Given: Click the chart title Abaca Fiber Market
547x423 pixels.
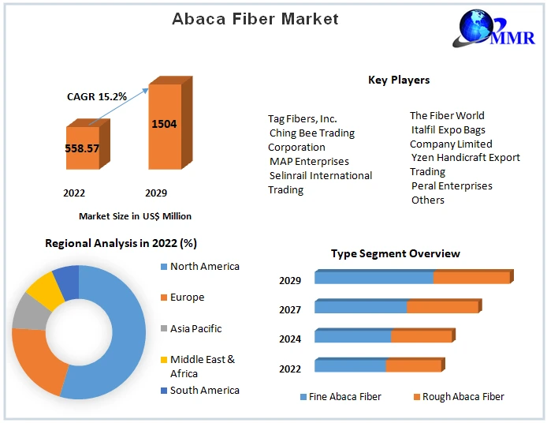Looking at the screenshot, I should [255, 18].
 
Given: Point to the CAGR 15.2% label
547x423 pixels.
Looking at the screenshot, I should [96, 96].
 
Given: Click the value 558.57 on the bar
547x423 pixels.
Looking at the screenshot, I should [82, 148].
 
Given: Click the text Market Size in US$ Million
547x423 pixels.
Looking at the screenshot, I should [135, 215].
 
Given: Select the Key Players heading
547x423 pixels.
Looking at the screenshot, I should [399, 80].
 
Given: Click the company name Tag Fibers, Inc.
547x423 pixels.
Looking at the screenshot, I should [303, 119].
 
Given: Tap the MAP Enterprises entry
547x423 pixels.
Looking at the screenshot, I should [309, 162].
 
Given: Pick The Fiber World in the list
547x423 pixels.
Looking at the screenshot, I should [447, 116].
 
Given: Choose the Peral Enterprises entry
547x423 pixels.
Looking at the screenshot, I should [452, 186].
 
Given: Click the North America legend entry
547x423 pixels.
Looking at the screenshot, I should [204, 267].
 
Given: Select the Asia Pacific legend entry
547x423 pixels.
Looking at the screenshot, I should [195, 328].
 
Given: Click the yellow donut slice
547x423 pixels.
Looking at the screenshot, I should [44, 290].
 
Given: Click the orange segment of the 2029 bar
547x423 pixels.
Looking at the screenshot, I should [471, 278].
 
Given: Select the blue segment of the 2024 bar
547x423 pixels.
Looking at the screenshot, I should [352, 336].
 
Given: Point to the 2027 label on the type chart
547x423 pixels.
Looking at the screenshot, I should [290, 309].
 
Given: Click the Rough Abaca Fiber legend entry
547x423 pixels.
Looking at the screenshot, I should [463, 397].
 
